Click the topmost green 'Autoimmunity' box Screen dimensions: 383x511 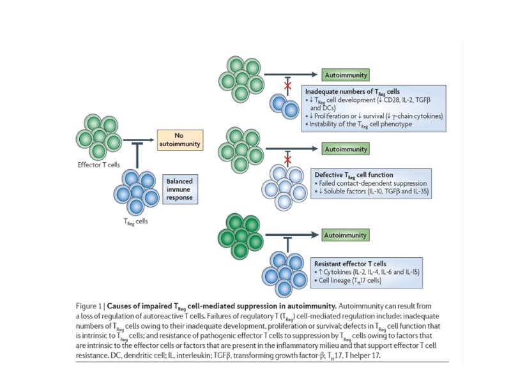tap(345, 74)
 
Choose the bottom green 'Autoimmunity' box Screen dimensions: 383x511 tap(345, 236)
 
